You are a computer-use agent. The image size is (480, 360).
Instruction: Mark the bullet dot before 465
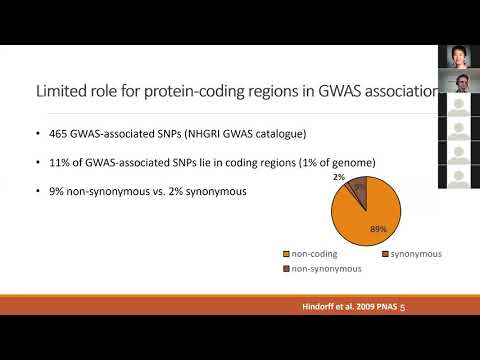click(x=36, y=133)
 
